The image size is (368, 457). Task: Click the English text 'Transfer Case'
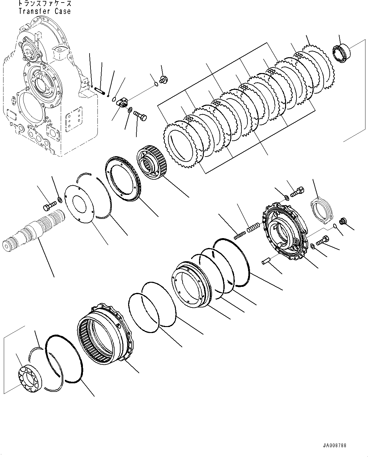pos(45,11)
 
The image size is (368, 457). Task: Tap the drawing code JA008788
pos(334,446)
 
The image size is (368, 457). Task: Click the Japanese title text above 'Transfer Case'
pos(45,4)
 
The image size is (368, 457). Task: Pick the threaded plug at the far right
pos(342,221)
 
